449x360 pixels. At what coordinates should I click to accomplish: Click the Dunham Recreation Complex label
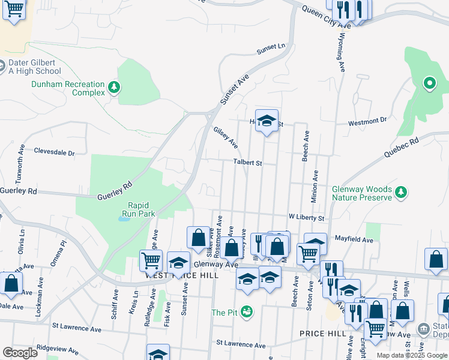pos(67,88)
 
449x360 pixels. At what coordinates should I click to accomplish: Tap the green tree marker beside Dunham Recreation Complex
pos(114,89)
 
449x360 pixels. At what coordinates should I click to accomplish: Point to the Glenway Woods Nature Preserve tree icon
pos(400,193)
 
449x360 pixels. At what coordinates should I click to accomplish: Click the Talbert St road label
pos(248,163)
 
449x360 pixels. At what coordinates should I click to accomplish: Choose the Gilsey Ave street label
pos(226,137)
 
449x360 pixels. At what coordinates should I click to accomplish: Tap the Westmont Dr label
pos(368,121)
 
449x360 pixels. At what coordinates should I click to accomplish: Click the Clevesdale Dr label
pos(54,152)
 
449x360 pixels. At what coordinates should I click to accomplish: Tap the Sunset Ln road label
pos(271,47)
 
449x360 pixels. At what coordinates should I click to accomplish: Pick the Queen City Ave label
pos(326,18)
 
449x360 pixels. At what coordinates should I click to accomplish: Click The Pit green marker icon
pos(246,312)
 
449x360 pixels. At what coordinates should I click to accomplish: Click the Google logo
pos(20,353)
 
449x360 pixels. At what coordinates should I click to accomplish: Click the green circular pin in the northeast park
pos(429,83)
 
